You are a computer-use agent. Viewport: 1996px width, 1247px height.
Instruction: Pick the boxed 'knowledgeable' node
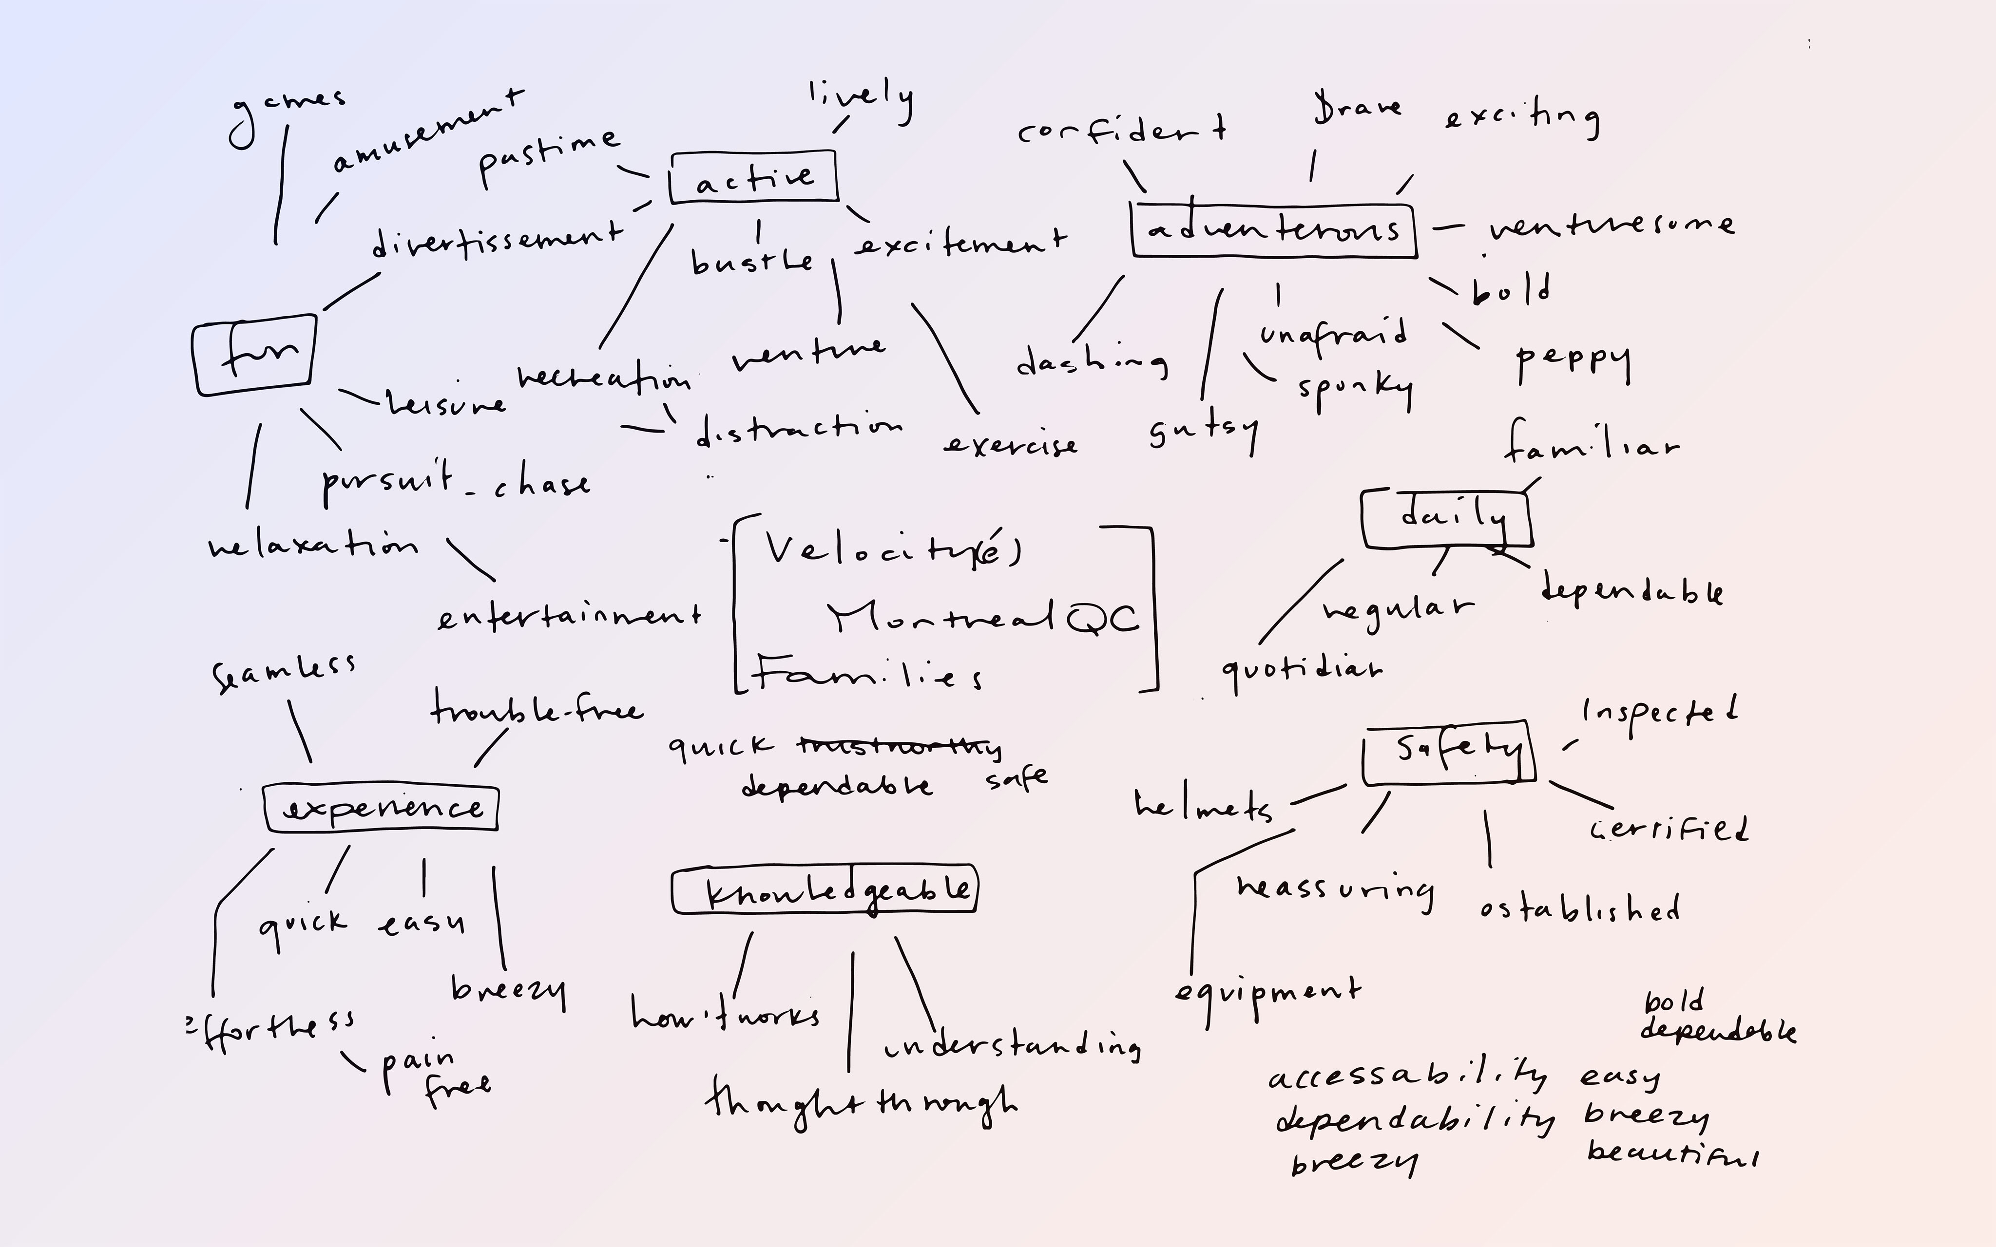coord(825,889)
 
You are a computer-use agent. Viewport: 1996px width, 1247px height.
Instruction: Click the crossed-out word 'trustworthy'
coord(899,746)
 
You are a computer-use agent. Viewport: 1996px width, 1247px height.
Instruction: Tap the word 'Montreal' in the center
coord(940,616)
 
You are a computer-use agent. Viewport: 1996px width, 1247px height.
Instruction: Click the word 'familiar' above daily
coord(1590,445)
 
